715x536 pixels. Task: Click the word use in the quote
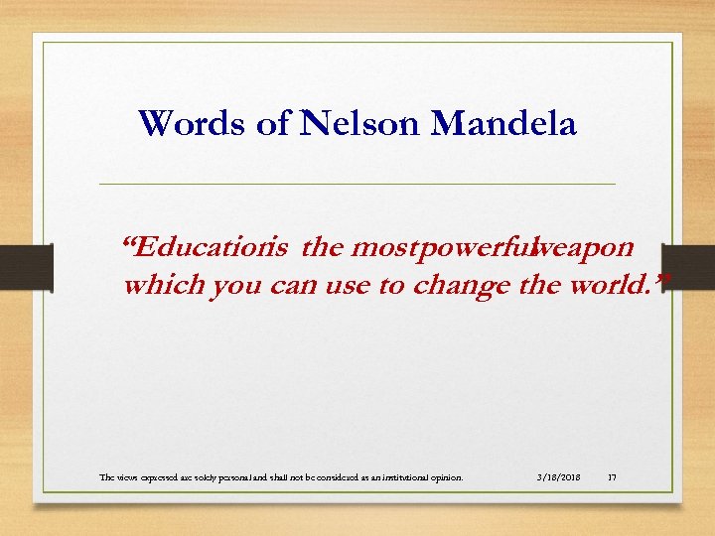319,286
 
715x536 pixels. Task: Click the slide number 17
612,477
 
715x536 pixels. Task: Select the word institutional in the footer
394,477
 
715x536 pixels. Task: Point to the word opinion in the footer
442,477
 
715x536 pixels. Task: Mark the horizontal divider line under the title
357,184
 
